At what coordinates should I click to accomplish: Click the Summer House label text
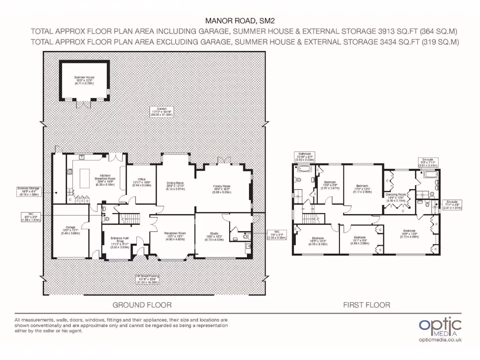click(84, 79)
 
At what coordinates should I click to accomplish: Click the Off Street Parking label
click(147, 278)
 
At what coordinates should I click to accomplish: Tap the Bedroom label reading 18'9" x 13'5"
click(409, 233)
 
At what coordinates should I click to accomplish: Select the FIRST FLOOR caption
click(367, 305)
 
